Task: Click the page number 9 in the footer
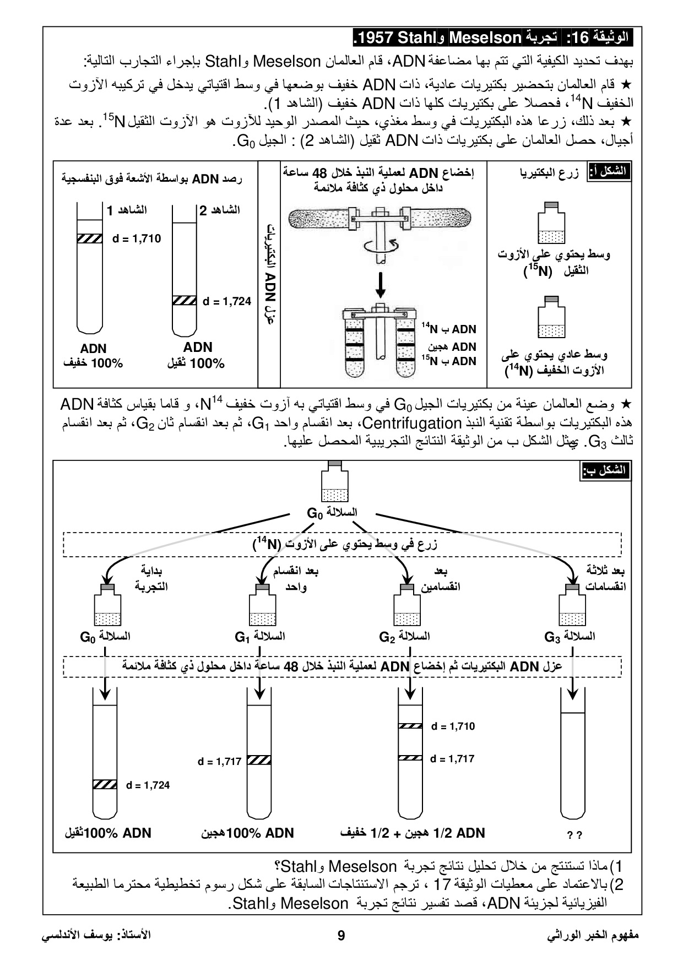[x=341, y=936]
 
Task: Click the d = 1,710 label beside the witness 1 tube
[x=137, y=238]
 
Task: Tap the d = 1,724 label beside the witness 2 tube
[x=227, y=301]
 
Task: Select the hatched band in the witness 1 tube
[x=89, y=238]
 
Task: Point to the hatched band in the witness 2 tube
[x=185, y=301]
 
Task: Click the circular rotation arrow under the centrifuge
[x=380, y=246]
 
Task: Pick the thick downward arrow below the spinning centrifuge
[x=380, y=284]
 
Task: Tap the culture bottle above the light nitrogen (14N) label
[x=551, y=318]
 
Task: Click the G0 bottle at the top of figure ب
[x=334, y=482]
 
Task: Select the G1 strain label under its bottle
[x=259, y=637]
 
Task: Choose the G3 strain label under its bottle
[x=569, y=637]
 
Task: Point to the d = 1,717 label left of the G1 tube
[x=219, y=762]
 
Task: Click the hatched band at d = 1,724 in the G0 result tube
[x=105, y=785]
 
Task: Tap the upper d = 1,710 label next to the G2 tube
[x=453, y=726]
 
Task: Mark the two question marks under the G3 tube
[x=574, y=835]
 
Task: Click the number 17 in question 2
[x=442, y=885]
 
